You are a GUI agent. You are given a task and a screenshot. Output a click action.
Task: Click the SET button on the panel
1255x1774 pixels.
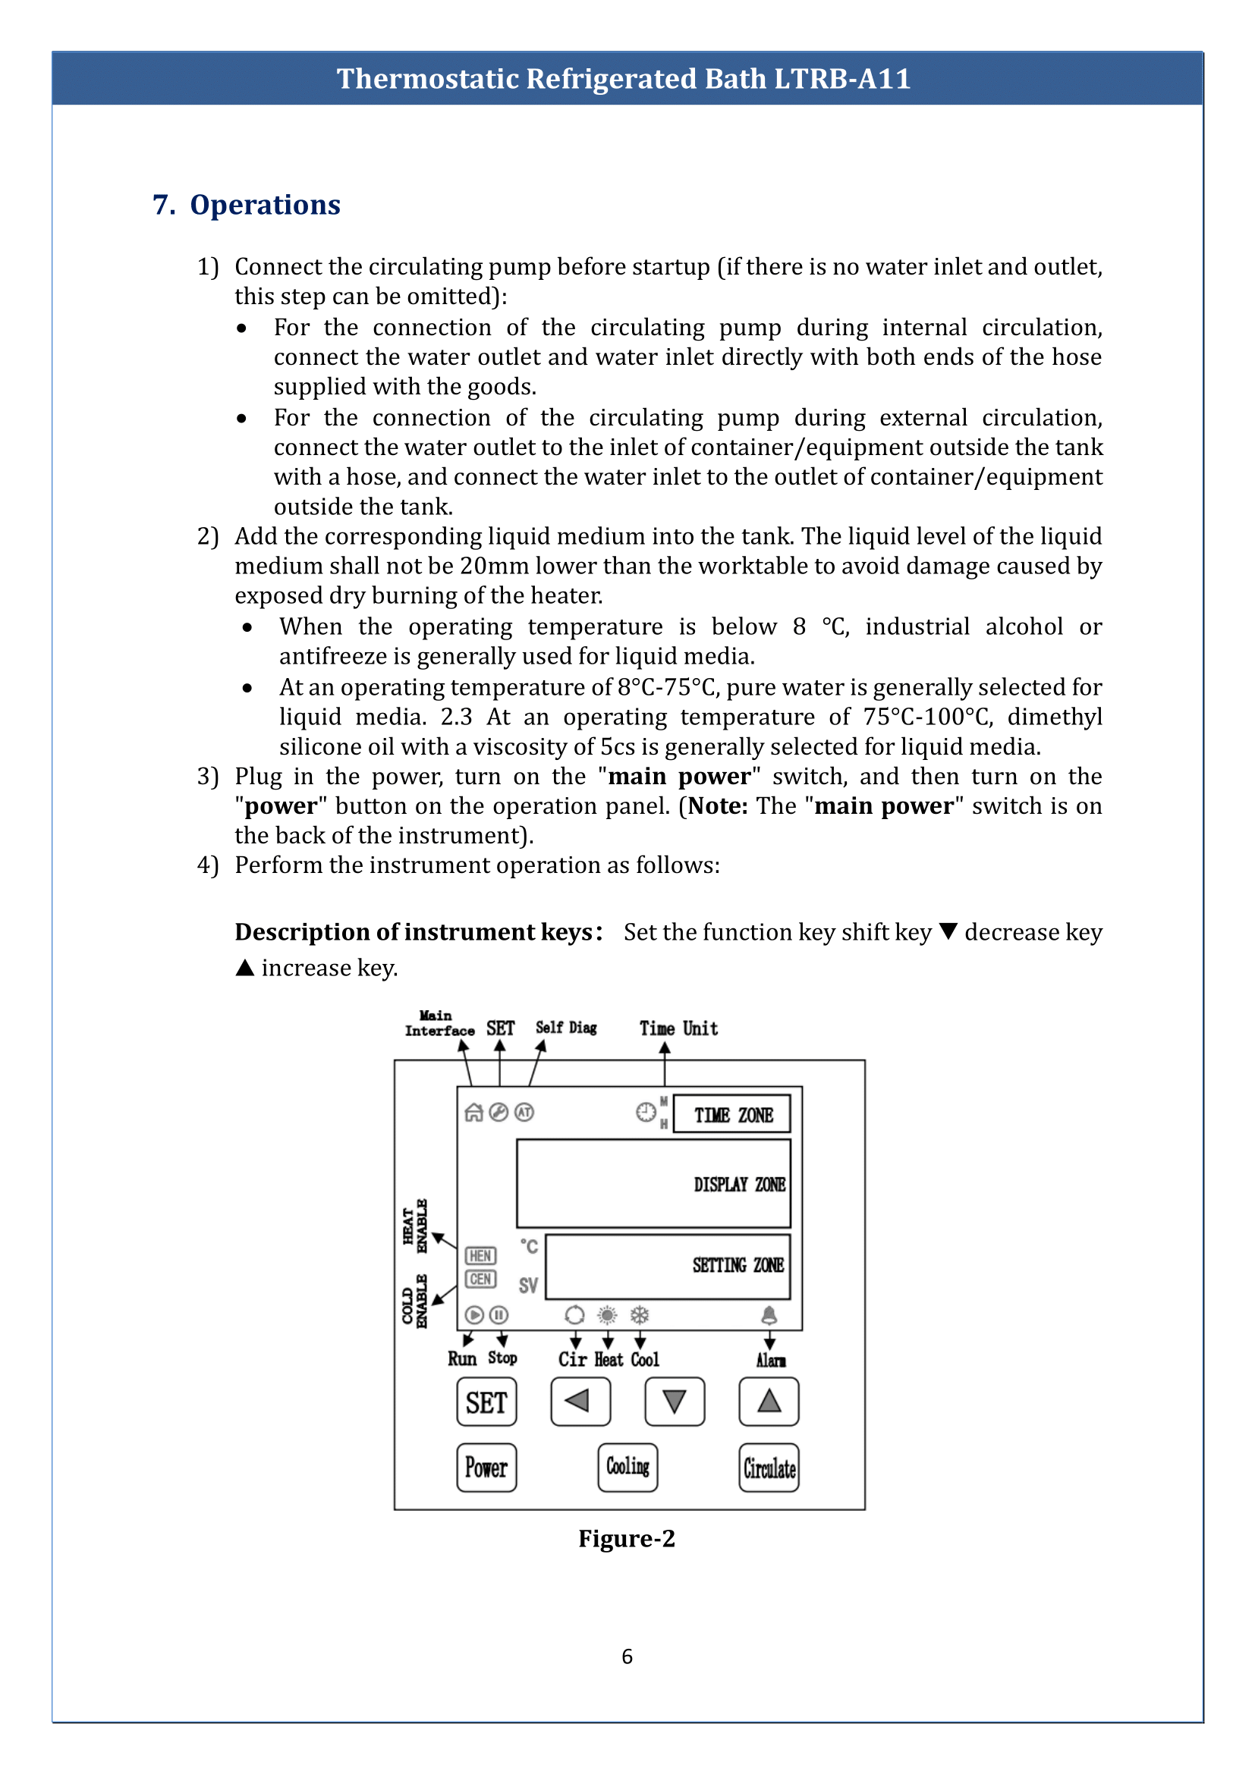486,1402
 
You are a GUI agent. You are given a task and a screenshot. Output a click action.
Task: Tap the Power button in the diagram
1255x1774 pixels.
486,1468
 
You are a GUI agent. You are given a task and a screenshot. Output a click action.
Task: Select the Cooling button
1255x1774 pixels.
627,1468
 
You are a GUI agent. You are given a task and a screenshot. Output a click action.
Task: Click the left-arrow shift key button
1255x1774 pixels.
580,1402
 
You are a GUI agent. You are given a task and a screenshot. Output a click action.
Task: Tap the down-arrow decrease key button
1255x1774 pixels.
675,1402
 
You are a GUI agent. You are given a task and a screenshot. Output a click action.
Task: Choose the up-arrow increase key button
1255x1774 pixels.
769,1402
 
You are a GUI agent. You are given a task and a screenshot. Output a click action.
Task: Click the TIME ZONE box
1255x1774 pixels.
731,1114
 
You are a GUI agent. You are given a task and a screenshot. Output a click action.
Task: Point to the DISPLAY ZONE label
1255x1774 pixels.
740,1185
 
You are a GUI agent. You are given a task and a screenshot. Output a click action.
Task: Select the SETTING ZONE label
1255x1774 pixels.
738,1265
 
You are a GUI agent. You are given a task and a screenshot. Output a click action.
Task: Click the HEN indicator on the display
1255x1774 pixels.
480,1255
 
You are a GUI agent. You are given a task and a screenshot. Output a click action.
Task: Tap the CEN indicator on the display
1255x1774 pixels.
480,1279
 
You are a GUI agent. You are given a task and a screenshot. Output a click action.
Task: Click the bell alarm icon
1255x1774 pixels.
769,1315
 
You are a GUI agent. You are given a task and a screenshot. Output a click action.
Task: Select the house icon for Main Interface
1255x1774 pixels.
473,1113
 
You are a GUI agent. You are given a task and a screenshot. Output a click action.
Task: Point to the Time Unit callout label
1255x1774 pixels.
678,1028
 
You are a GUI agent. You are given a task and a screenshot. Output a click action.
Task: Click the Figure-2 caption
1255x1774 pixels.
627,1538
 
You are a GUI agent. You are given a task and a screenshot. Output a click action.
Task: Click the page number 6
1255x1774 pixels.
627,1656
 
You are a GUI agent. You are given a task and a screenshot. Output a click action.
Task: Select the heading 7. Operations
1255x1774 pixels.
247,205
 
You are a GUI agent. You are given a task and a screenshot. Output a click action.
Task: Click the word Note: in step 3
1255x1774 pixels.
718,806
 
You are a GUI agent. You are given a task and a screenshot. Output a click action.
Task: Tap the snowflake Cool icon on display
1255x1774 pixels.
640,1315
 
